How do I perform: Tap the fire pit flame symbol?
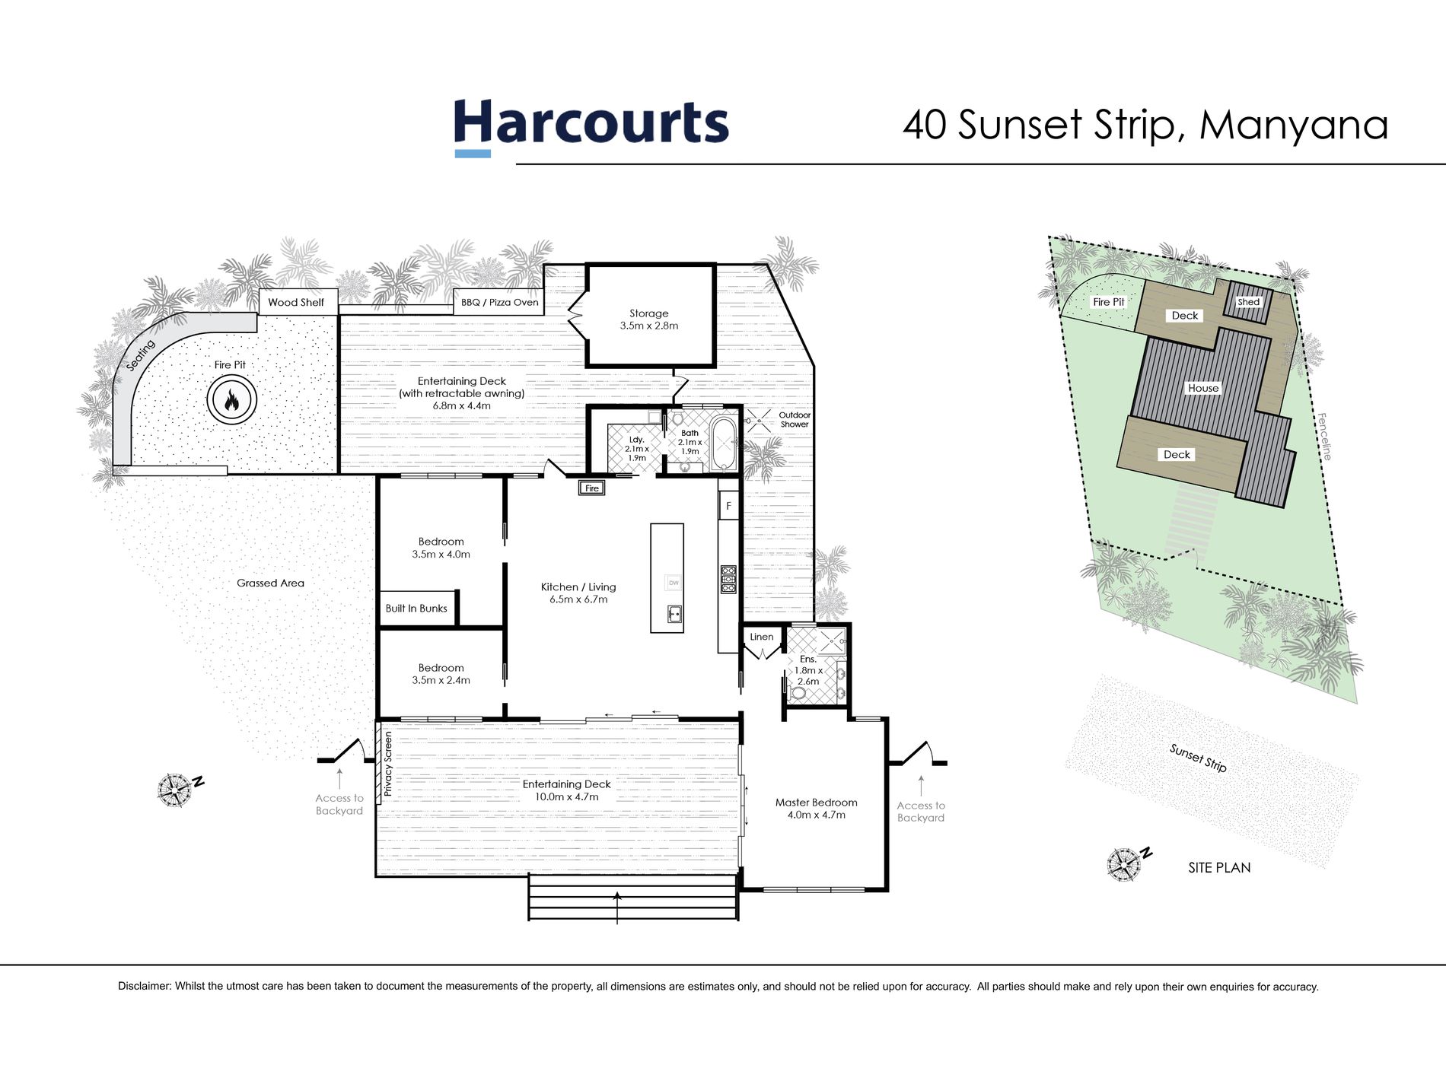coord(231,399)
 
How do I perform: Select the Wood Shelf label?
coord(296,302)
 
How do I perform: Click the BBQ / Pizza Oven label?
coord(500,302)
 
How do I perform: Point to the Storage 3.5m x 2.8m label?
coord(649,319)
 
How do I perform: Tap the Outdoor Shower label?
coord(795,420)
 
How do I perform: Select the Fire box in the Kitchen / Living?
coord(592,488)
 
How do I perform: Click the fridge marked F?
coord(728,505)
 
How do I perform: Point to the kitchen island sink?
coord(674,613)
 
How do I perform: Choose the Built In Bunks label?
coord(416,609)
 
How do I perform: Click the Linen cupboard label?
coord(762,637)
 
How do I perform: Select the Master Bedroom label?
coord(817,802)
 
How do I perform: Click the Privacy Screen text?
coord(388,764)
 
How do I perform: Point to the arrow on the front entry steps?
coord(616,907)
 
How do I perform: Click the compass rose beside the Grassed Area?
coord(175,790)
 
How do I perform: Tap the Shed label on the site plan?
coord(1249,302)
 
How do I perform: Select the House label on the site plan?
coord(1203,388)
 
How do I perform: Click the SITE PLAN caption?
coord(1219,867)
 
